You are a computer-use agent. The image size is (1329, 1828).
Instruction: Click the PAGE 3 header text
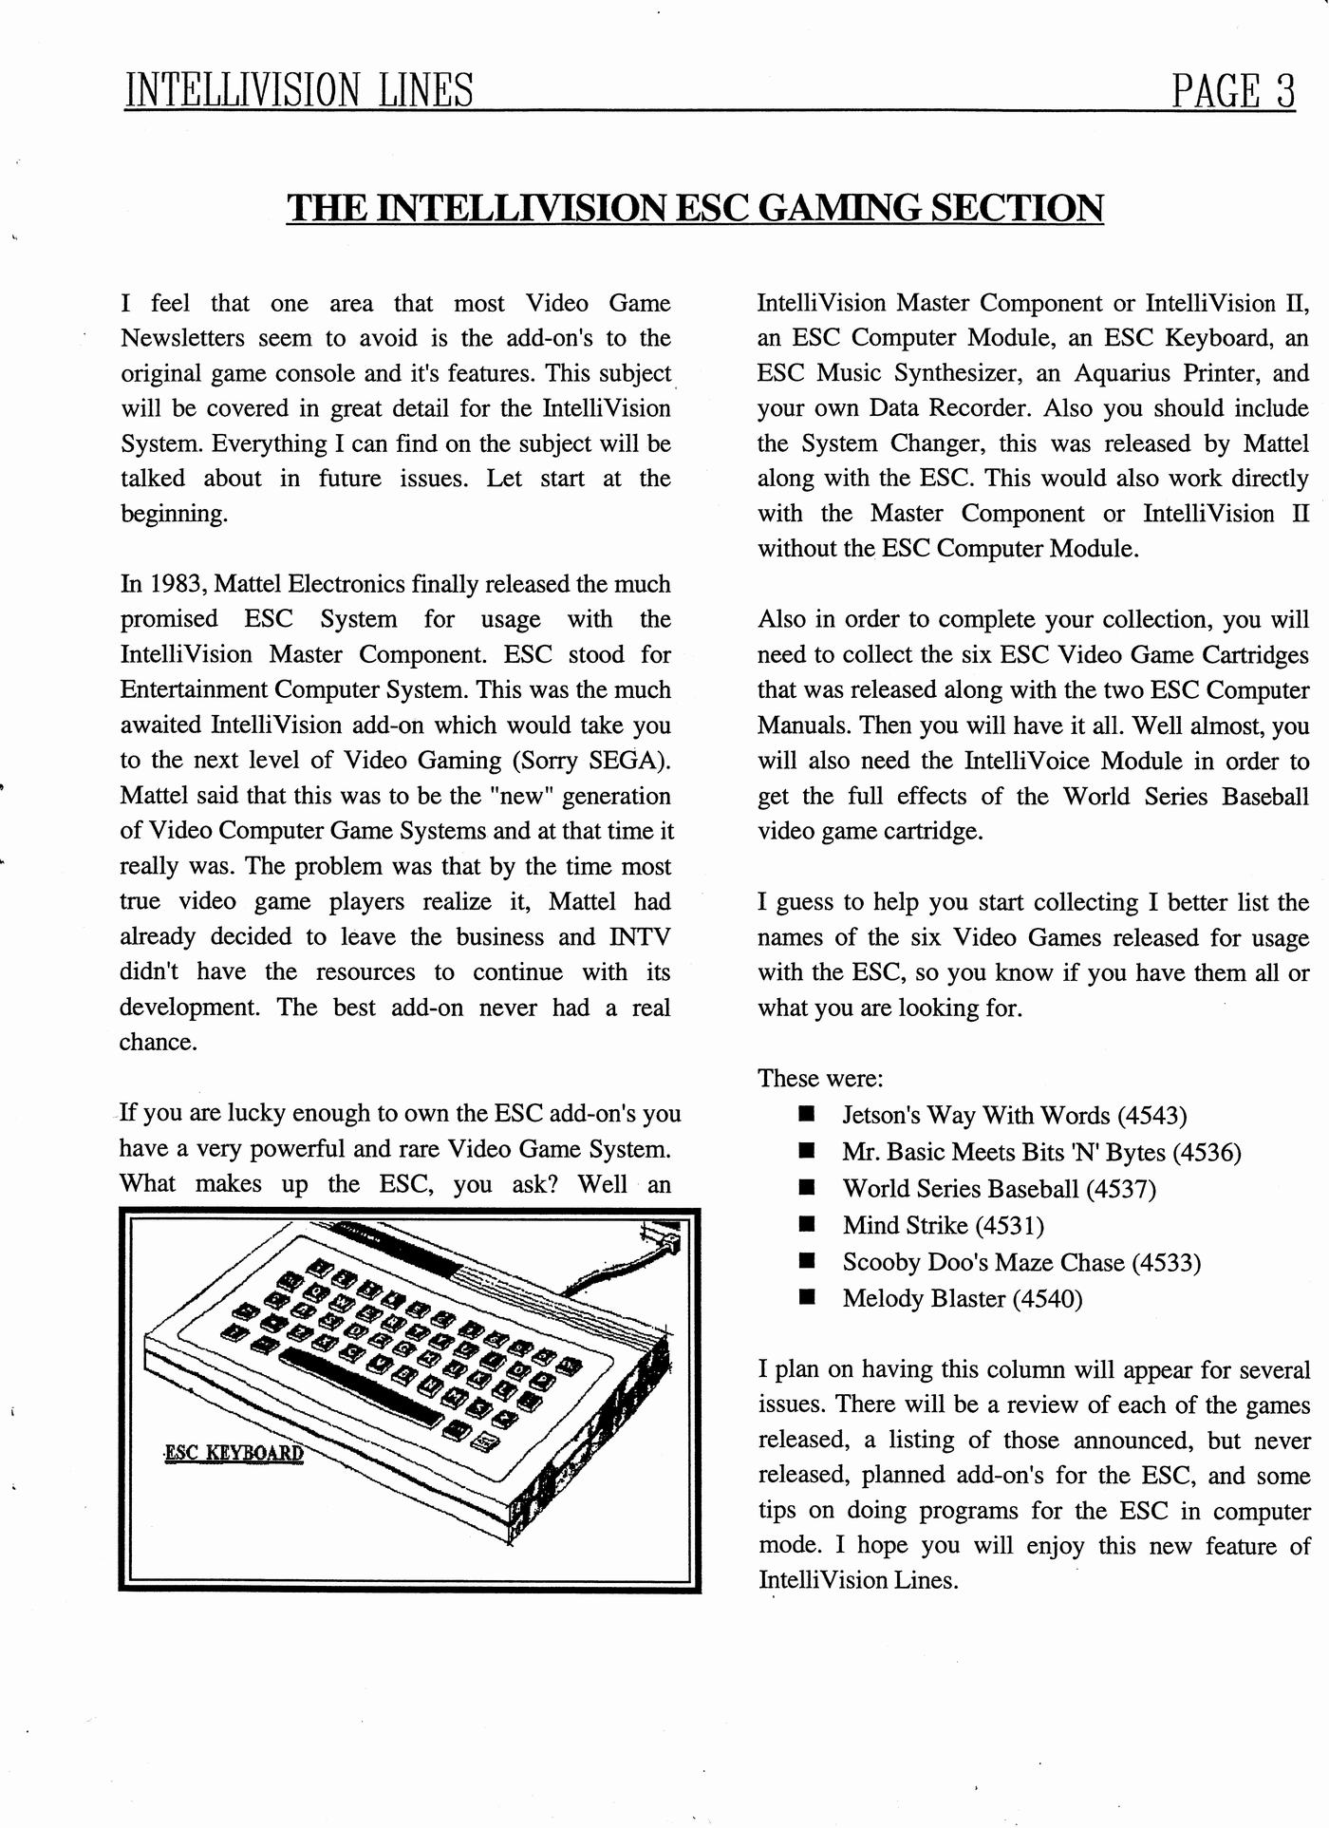coord(1233,91)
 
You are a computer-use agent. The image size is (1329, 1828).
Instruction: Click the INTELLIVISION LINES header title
coord(299,91)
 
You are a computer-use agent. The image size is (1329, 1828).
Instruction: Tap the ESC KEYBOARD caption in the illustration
coord(234,1454)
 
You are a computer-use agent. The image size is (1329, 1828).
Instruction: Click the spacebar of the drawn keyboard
coord(362,1388)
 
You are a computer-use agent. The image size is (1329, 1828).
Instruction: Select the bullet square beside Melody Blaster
coord(808,1298)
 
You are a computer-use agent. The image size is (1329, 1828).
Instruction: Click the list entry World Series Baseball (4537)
coord(999,1189)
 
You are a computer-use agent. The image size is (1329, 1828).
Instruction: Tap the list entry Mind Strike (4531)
coord(944,1225)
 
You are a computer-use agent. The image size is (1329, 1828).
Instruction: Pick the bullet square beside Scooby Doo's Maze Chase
coord(808,1262)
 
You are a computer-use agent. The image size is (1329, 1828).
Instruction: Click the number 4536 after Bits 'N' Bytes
coord(1207,1152)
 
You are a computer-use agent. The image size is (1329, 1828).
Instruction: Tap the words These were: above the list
coord(820,1079)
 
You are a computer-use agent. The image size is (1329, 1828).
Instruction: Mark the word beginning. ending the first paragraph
coord(174,515)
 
